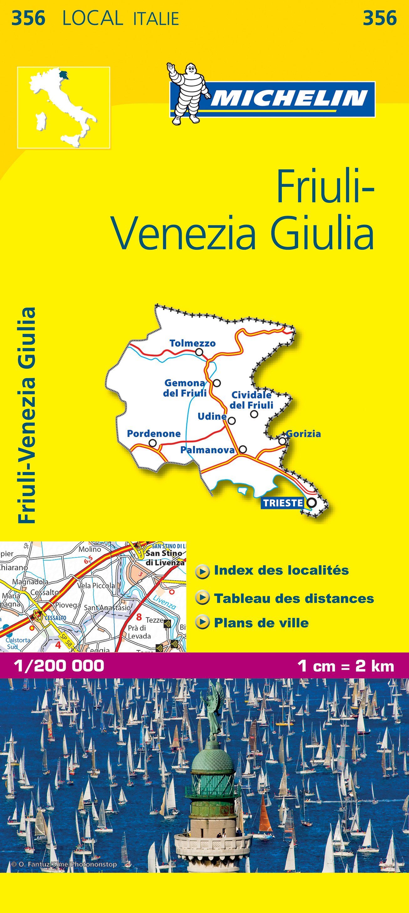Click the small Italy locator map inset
64,107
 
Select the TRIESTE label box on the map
283,503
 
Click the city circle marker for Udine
232,421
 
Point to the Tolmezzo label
192,343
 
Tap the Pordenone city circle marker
153,443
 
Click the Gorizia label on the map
304,433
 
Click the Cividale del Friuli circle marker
254,413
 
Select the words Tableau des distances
294,599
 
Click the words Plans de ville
261,623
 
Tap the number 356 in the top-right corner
380,18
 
